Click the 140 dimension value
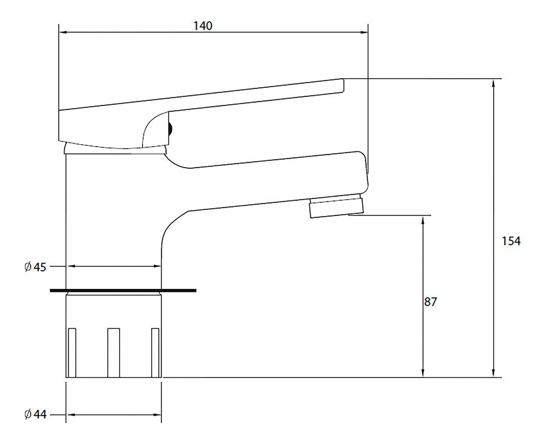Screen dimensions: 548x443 point(202,26)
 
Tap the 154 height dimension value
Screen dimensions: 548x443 point(511,241)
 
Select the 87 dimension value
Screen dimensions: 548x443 point(430,302)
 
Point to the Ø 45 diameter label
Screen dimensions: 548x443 point(35,267)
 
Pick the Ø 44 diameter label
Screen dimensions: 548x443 point(35,414)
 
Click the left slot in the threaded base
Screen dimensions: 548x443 point(72,353)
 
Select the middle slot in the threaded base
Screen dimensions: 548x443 point(113,353)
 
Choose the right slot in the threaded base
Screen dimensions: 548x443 point(155,353)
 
